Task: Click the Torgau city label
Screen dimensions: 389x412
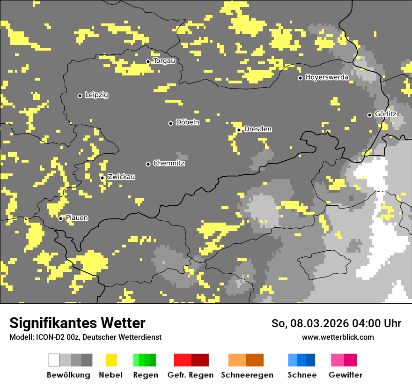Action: (x=164, y=61)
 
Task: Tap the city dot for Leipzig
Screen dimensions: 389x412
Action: (x=80, y=96)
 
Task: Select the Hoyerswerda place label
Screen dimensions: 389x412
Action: (x=327, y=77)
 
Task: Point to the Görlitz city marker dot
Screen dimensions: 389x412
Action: (x=369, y=115)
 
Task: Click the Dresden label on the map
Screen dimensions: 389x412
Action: (x=258, y=129)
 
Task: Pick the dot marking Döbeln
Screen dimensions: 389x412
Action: (x=170, y=123)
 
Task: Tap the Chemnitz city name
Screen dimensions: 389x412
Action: (x=169, y=164)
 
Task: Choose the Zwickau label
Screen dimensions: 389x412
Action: (x=121, y=177)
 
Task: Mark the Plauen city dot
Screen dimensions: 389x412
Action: (x=60, y=218)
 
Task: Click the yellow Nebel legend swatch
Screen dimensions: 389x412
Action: (x=111, y=360)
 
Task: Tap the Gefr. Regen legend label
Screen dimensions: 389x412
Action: (x=191, y=375)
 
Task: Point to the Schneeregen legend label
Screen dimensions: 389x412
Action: (x=247, y=375)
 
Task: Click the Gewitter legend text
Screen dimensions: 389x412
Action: (x=346, y=375)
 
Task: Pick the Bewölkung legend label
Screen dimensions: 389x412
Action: (x=68, y=375)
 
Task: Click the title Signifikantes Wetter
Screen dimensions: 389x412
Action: (x=77, y=323)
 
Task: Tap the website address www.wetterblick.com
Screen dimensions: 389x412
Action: (x=338, y=337)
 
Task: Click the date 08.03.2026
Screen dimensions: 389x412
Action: (x=318, y=323)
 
